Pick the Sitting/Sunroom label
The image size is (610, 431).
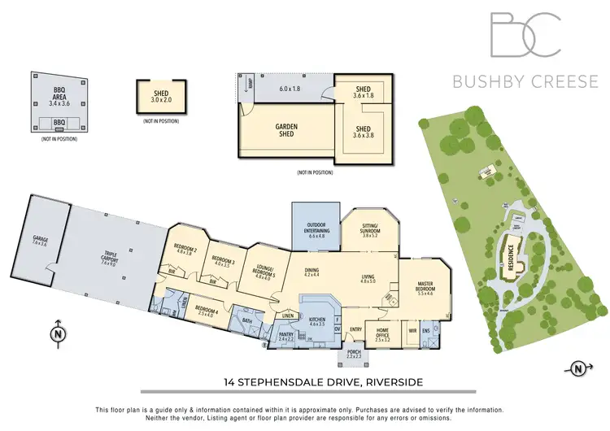[x=369, y=229]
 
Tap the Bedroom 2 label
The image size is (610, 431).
[x=185, y=250]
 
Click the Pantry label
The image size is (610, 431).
[x=285, y=334]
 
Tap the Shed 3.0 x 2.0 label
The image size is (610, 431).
[x=160, y=97]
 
